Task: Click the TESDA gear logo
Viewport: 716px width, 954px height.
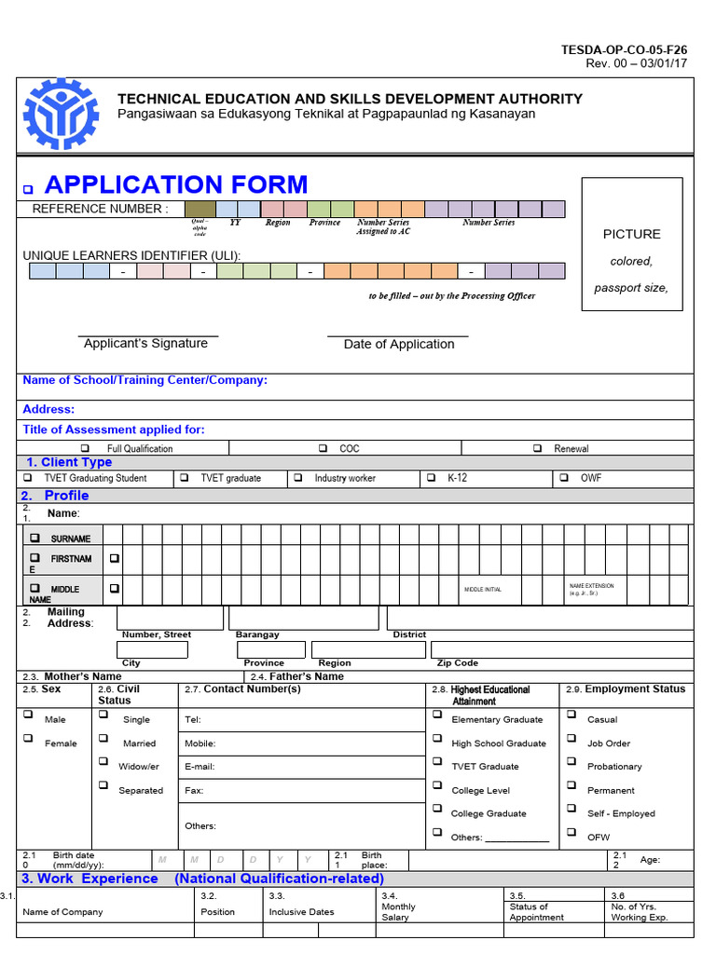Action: click(x=60, y=114)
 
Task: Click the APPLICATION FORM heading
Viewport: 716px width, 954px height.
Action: click(x=176, y=184)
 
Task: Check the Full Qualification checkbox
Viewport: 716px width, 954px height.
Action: click(x=85, y=448)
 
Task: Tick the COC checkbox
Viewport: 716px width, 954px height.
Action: click(x=323, y=448)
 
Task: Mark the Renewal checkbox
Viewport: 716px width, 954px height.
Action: click(x=537, y=448)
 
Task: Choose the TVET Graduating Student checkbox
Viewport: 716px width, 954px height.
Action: click(x=27, y=477)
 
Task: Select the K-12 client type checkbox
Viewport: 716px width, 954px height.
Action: click(x=431, y=477)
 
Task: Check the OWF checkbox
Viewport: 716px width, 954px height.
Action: click(x=563, y=477)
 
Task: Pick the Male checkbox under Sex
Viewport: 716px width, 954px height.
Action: click(x=28, y=715)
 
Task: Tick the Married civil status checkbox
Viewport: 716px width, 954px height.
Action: click(x=103, y=739)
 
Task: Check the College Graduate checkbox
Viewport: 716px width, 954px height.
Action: click(x=436, y=809)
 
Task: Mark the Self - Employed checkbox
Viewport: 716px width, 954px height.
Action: click(x=571, y=809)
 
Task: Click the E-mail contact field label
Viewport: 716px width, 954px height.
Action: click(x=200, y=767)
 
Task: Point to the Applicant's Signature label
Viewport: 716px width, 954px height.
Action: click(x=145, y=344)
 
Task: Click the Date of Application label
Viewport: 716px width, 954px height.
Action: click(x=399, y=345)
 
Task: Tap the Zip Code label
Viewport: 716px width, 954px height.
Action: click(x=457, y=663)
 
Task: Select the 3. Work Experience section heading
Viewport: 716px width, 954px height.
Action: click(x=89, y=879)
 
